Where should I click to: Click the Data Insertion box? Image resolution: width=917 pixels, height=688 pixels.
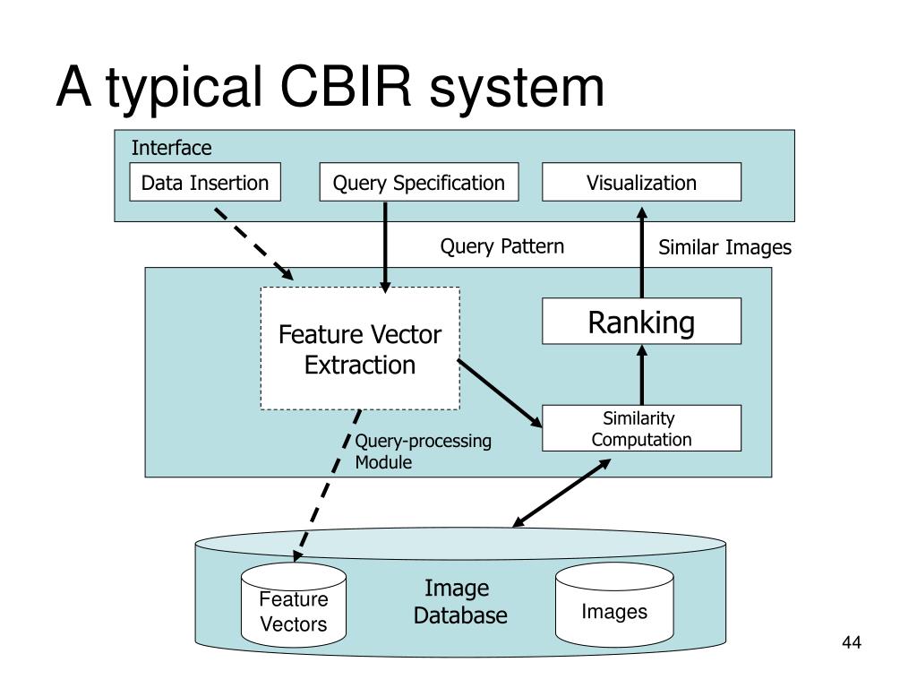click(205, 182)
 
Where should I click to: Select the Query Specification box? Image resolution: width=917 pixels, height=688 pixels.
click(419, 182)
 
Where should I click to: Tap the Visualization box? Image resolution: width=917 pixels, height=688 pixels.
click(641, 182)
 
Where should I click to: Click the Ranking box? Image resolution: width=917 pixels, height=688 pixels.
click(641, 322)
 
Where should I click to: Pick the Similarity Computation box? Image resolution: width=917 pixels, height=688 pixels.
click(641, 428)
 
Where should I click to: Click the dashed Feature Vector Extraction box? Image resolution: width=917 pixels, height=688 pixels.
click(360, 348)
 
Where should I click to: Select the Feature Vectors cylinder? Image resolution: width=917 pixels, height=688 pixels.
click(294, 605)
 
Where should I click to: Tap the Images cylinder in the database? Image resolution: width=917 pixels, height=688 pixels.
click(614, 605)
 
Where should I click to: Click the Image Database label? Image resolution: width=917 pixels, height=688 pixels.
click(459, 601)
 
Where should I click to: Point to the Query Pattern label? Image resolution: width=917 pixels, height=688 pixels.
click(501, 246)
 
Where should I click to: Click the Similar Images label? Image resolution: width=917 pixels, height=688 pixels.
click(724, 247)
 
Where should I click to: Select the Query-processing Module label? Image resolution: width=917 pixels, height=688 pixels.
click(423, 451)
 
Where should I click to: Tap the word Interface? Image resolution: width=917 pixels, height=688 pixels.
click(171, 148)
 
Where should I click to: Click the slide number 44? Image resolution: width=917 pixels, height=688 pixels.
click(852, 642)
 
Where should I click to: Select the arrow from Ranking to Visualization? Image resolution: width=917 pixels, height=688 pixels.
click(641, 253)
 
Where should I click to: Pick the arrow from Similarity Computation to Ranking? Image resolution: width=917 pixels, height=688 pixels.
click(641, 374)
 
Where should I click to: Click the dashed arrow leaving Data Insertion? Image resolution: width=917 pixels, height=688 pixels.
click(253, 244)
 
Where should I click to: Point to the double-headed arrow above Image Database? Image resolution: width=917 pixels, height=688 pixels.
click(561, 494)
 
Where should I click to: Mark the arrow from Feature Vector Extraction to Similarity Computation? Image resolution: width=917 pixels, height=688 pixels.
click(500, 393)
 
